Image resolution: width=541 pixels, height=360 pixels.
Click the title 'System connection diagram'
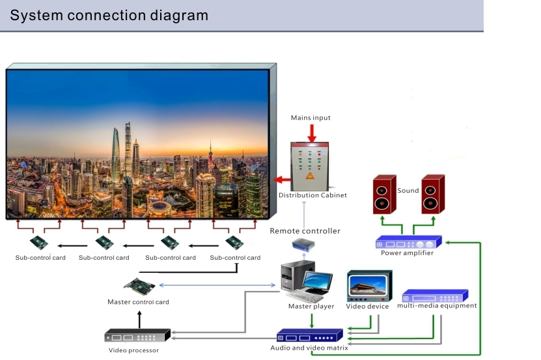pos(109,15)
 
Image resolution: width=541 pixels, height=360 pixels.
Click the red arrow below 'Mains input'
pos(311,132)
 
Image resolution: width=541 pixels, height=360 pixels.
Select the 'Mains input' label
pos(311,118)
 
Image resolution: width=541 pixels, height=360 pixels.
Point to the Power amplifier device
pos(409,242)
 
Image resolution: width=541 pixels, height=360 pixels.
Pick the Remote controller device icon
pos(304,245)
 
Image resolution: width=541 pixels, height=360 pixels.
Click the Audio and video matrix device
pos(309,336)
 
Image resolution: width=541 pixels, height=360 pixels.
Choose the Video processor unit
pos(137,337)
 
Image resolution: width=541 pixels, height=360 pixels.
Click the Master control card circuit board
pos(140,286)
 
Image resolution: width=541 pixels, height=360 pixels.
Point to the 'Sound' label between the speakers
pos(408,191)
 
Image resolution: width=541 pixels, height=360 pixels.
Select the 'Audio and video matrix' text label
pos(309,348)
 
